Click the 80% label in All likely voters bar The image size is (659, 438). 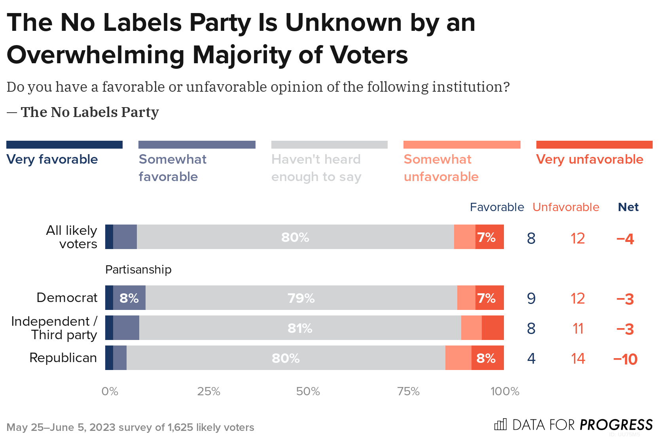point(295,237)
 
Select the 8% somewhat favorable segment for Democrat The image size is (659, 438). point(129,298)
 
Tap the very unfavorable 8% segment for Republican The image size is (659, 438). point(487,358)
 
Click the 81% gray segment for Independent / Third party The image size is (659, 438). point(300,328)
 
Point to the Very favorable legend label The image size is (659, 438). point(52,159)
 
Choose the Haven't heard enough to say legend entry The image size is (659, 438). point(316,168)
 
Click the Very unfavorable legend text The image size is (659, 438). point(589,159)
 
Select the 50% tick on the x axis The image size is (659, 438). point(308,391)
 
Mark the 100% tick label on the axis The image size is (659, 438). point(505,391)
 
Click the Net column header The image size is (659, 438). point(628,207)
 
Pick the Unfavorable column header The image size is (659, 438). point(566,207)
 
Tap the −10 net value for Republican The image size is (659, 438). point(625,359)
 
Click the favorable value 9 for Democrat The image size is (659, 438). point(531,298)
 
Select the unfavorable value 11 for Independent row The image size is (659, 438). point(578,328)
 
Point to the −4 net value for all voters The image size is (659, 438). point(625,239)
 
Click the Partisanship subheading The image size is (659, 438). point(138,270)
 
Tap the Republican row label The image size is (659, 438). point(63,358)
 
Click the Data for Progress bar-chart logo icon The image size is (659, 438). point(500,425)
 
